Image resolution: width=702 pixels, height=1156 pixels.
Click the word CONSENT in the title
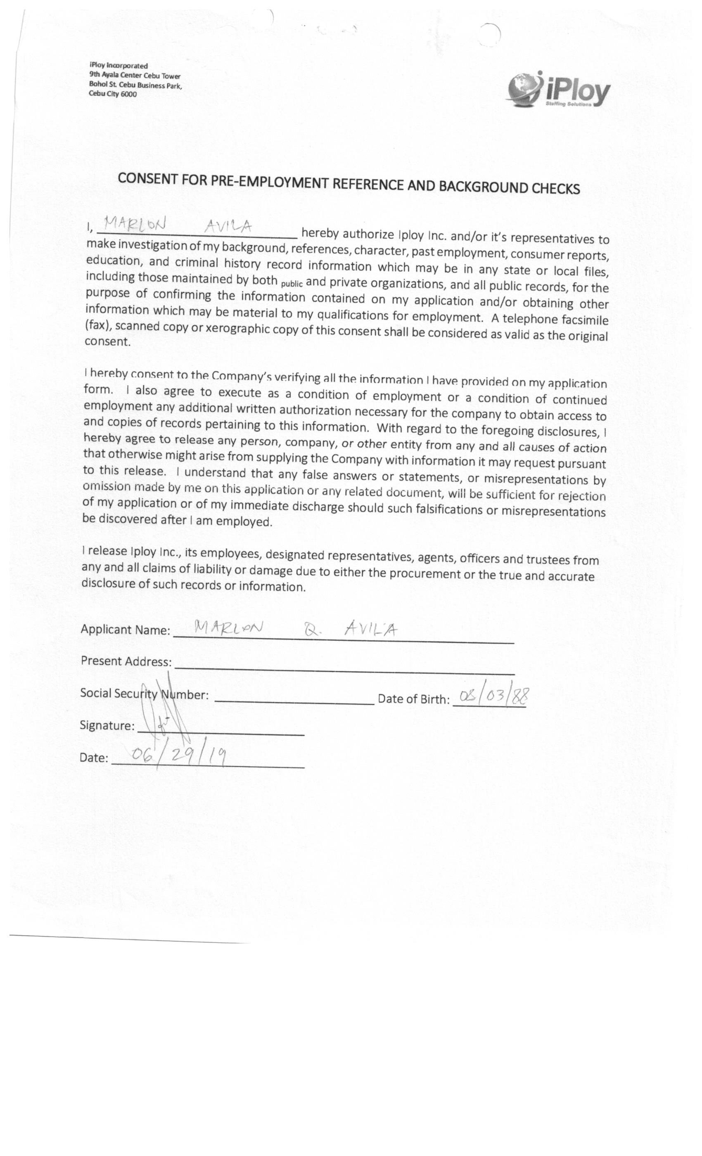[x=147, y=179]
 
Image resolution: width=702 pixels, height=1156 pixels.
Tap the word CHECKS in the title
[x=555, y=188]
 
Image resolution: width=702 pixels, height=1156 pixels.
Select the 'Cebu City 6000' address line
[x=113, y=94]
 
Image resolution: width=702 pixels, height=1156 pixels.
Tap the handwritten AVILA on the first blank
[x=228, y=227]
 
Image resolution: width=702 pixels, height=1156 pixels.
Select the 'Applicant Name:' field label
[x=125, y=629]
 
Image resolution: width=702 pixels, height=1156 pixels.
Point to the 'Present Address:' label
[x=126, y=661]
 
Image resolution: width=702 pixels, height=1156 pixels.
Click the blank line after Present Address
[x=344, y=668]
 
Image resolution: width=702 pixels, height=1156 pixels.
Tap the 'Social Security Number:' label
[x=144, y=694]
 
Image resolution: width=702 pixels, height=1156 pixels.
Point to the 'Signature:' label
[x=107, y=725]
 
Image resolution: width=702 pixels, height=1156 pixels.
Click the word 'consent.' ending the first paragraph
[x=107, y=341]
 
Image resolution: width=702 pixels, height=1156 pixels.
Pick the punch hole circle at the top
[x=491, y=35]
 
